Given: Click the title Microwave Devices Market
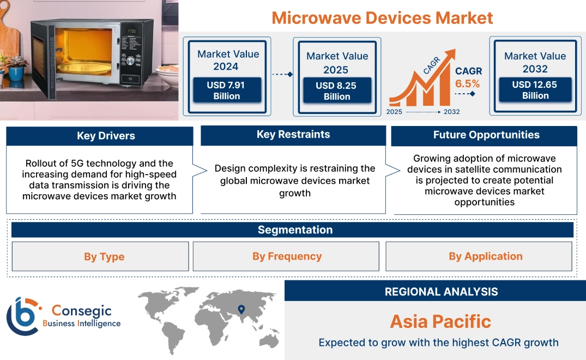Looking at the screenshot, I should point(382,17).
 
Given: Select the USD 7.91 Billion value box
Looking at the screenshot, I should point(227,91).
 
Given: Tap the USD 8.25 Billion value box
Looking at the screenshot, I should point(337,91).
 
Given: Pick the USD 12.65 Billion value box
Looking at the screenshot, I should point(535,90).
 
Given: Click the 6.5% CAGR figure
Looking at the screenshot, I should point(468,83).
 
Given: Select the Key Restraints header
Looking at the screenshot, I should point(293,135).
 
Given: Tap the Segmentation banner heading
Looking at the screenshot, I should point(295,230).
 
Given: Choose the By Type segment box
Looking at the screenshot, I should point(104,256).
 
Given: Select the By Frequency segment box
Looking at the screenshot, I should point(287,256).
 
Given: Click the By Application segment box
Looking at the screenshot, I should point(485,256).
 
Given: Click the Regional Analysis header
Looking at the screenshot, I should point(441,291).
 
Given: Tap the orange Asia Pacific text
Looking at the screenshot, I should point(440,321).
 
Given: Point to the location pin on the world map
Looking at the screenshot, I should point(240,310).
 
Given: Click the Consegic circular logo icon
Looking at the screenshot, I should point(23,316).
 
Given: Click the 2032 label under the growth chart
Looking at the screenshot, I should point(451,112).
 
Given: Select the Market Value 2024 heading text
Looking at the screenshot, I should point(228,60).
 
